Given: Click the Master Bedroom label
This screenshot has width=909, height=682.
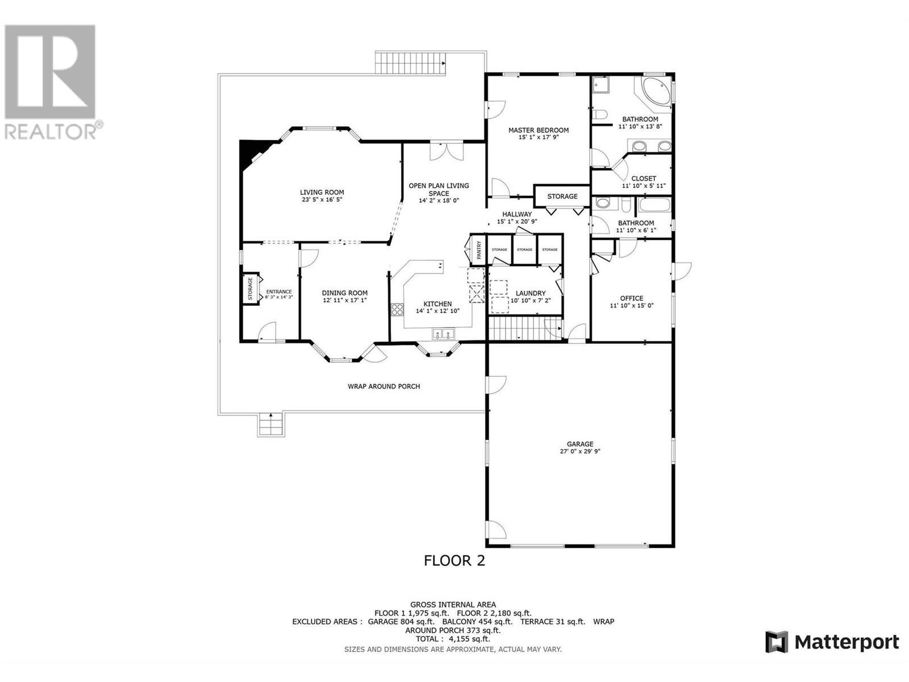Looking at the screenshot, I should [538, 130].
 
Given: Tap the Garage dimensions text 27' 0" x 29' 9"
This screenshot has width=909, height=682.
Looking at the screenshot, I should [579, 452].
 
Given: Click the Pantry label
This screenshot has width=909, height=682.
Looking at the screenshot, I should [479, 251].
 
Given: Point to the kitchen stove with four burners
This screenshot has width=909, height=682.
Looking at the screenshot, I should [397, 310].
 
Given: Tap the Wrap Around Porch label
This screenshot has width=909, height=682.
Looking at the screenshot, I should [383, 386].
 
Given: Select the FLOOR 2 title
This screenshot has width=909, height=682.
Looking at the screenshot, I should [454, 560].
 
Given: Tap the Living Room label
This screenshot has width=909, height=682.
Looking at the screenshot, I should [322, 192].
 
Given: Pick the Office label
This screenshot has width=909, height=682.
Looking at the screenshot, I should [631, 298].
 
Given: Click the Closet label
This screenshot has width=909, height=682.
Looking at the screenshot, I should [643, 178].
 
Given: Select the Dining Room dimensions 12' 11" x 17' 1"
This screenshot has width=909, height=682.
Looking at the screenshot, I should [345, 300].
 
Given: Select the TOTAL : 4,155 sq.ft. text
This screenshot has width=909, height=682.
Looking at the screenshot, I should [453, 639].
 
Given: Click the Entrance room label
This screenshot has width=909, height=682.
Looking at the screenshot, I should [278, 292].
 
